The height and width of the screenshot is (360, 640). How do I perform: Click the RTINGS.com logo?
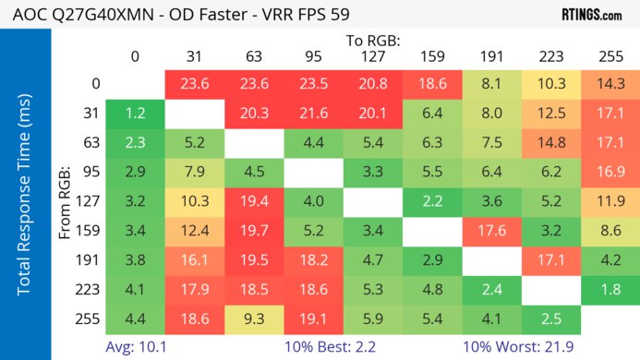(x=591, y=16)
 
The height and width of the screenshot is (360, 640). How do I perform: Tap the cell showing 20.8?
(x=371, y=83)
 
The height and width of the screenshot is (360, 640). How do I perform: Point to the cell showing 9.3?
(x=253, y=320)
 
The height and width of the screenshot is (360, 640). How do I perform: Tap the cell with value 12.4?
(x=194, y=231)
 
